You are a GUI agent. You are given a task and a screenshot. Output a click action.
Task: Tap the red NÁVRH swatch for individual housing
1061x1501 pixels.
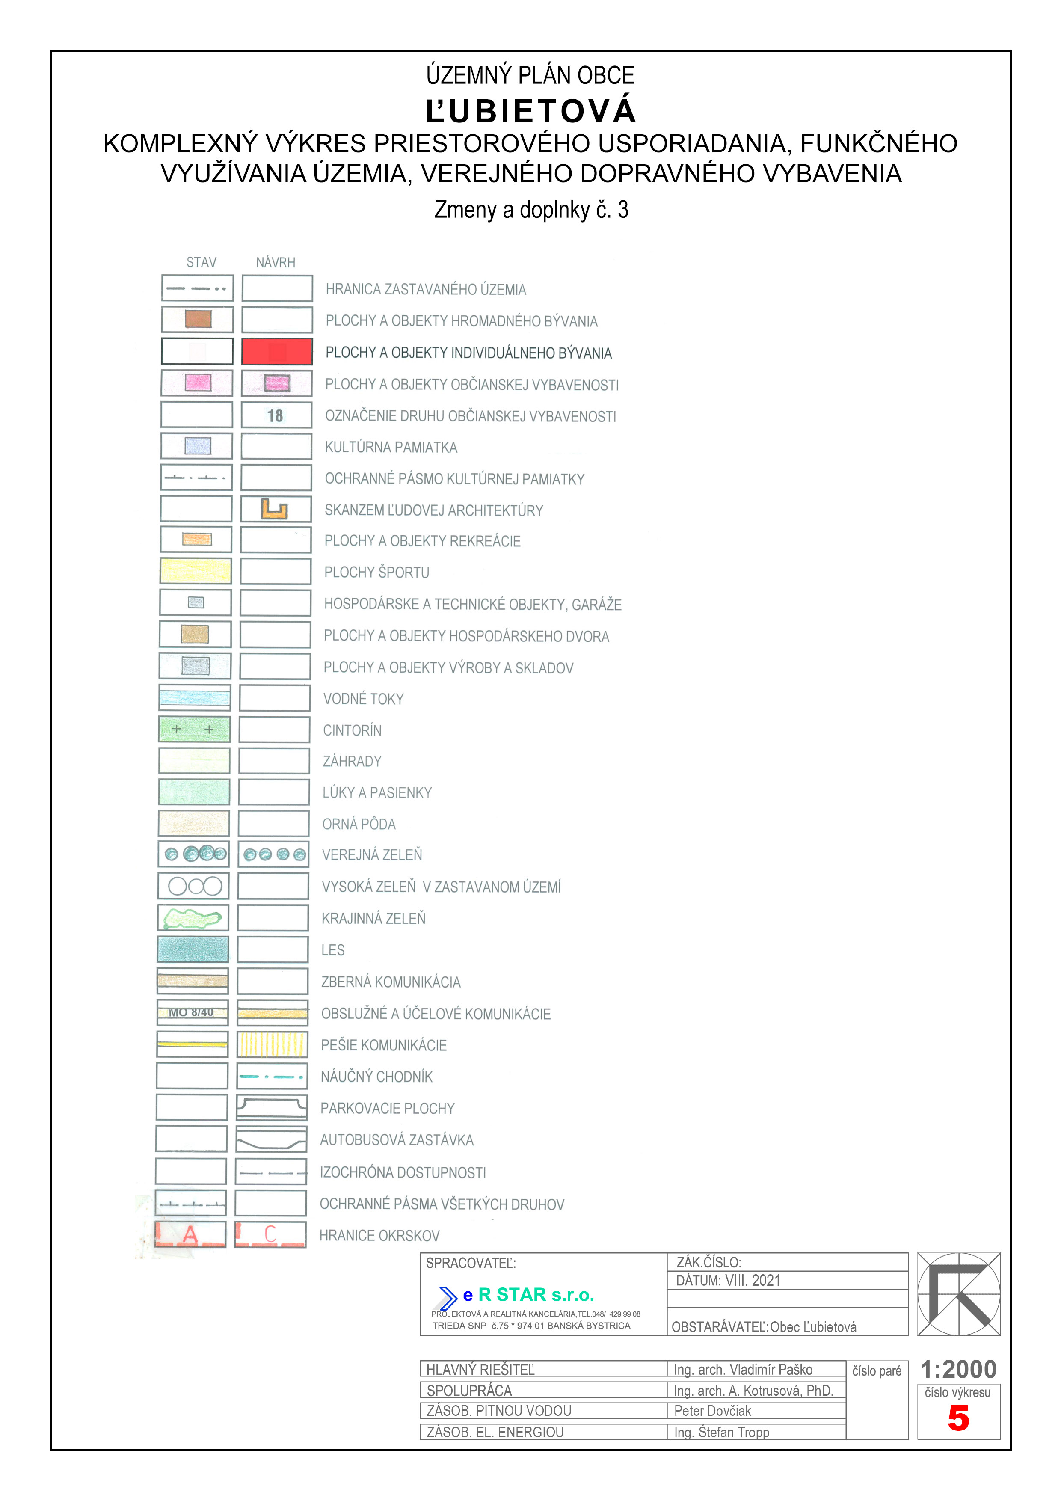pos(276,352)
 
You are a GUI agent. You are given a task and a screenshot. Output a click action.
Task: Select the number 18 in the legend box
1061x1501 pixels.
pos(275,416)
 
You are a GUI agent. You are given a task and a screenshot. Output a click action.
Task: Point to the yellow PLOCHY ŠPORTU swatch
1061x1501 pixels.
pos(196,571)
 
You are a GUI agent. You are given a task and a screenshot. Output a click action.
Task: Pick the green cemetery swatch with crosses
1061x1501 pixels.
pos(194,729)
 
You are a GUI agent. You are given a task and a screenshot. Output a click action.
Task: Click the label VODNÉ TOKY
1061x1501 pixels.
pos(364,699)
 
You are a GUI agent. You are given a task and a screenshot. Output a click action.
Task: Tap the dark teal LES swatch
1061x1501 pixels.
pos(193,949)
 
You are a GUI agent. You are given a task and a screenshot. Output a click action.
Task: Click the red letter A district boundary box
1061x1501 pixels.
pos(190,1234)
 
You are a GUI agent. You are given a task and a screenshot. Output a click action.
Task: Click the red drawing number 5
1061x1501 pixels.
pos(958,1418)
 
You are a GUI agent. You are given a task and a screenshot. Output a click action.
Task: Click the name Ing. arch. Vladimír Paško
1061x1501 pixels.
pos(743,1370)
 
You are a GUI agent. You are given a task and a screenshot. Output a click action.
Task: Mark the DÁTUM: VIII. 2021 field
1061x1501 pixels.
pos(728,1281)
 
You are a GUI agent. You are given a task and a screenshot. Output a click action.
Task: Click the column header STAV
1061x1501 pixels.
pos(202,262)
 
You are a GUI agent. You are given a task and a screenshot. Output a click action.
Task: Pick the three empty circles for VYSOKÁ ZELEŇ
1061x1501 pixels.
pos(195,886)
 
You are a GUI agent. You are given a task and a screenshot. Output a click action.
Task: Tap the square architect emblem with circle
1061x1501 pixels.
pos(958,1294)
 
